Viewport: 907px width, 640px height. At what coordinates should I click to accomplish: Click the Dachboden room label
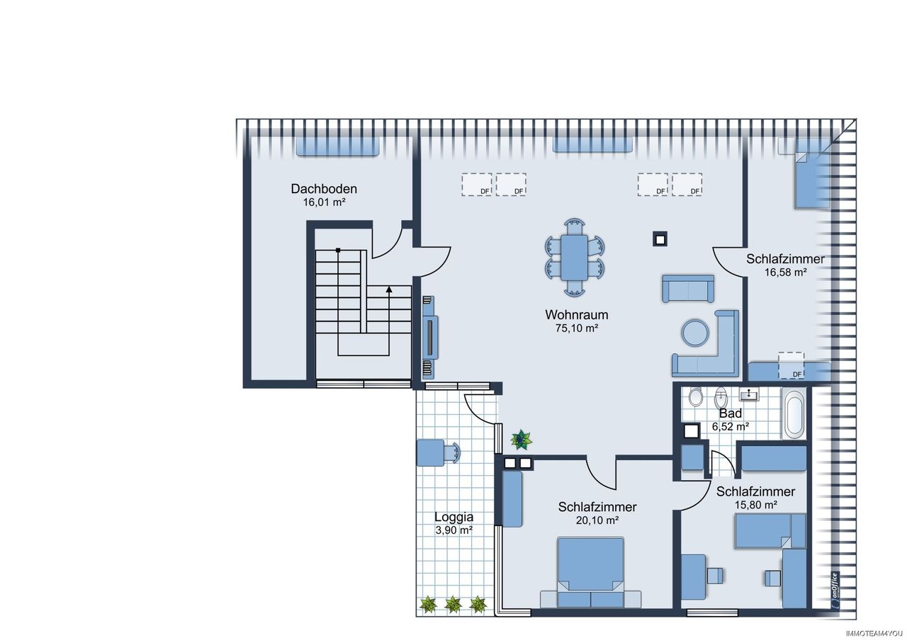pyautogui.click(x=324, y=189)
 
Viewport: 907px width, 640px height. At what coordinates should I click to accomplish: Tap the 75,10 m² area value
pyautogui.click(x=577, y=328)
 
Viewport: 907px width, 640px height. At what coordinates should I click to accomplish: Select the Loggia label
pyautogui.click(x=454, y=517)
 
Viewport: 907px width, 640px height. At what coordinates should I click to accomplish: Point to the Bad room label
pyautogui.click(x=731, y=413)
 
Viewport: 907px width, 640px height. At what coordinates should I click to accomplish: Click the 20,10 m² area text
pyautogui.click(x=597, y=520)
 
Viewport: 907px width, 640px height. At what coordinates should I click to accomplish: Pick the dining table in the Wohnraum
pyautogui.click(x=575, y=257)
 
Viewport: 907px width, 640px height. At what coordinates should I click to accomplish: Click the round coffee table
pyautogui.click(x=695, y=333)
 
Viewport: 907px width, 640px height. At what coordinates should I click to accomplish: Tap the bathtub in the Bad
pyautogui.click(x=794, y=413)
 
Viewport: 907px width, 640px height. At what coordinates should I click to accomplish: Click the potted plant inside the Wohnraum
pyautogui.click(x=521, y=440)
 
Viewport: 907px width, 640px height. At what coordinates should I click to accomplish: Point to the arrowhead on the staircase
pyautogui.click(x=389, y=290)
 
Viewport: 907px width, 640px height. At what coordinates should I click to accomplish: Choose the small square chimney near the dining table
pyautogui.click(x=660, y=240)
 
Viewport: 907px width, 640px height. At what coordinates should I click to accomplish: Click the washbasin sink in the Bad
pyautogui.click(x=750, y=394)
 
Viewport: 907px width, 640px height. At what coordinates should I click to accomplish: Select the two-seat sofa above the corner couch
pyautogui.click(x=688, y=289)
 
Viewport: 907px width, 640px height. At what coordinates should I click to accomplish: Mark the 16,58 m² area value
pyautogui.click(x=786, y=273)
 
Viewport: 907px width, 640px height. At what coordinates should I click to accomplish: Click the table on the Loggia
pyautogui.click(x=430, y=452)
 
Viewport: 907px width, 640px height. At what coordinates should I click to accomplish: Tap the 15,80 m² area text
pyautogui.click(x=756, y=505)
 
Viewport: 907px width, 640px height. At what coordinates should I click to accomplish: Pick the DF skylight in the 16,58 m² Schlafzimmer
pyautogui.click(x=791, y=366)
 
